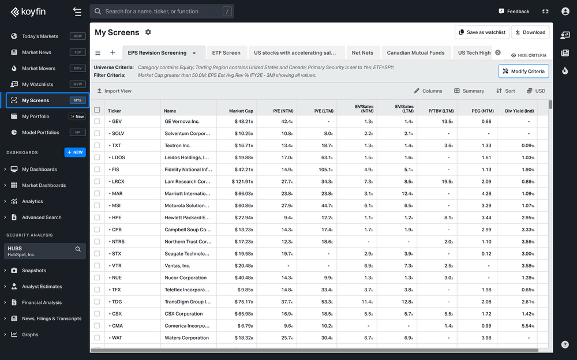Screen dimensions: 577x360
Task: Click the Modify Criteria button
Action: pos(524,72)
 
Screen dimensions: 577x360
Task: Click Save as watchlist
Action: pos(482,32)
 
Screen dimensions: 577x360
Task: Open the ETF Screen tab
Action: pos(226,52)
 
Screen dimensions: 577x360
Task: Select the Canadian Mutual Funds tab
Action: pos(415,52)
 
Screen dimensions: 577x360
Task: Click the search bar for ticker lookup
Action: pos(162,12)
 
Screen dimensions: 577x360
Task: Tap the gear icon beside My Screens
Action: pos(148,32)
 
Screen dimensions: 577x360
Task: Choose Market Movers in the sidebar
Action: pos(39,68)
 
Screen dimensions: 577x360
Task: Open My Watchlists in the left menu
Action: pos(38,84)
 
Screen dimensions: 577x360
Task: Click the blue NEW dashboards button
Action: pos(75,152)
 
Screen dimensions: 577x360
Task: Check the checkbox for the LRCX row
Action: pos(97,182)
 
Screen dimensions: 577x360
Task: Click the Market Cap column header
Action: pos(241,111)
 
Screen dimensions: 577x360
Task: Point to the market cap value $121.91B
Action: pos(242,182)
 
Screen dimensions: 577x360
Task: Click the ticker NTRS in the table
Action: pos(118,242)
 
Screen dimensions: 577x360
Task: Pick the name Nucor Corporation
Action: pos(185,277)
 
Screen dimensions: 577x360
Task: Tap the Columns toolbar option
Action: pos(428,91)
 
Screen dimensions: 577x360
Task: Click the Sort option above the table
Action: pos(505,91)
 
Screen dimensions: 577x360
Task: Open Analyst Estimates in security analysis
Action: pos(42,286)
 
